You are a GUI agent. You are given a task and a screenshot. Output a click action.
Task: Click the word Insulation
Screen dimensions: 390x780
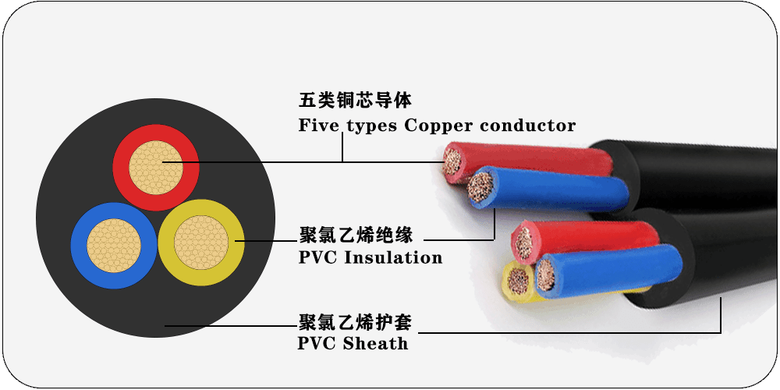coord(393,257)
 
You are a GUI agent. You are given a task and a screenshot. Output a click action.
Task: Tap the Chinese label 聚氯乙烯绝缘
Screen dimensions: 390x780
coord(355,234)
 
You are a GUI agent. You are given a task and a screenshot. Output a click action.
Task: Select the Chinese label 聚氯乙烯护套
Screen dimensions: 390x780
coord(355,321)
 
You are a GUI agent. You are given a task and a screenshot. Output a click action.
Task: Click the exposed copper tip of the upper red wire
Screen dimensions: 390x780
coord(453,161)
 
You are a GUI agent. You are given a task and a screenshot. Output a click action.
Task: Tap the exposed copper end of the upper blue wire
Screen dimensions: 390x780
coord(480,188)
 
